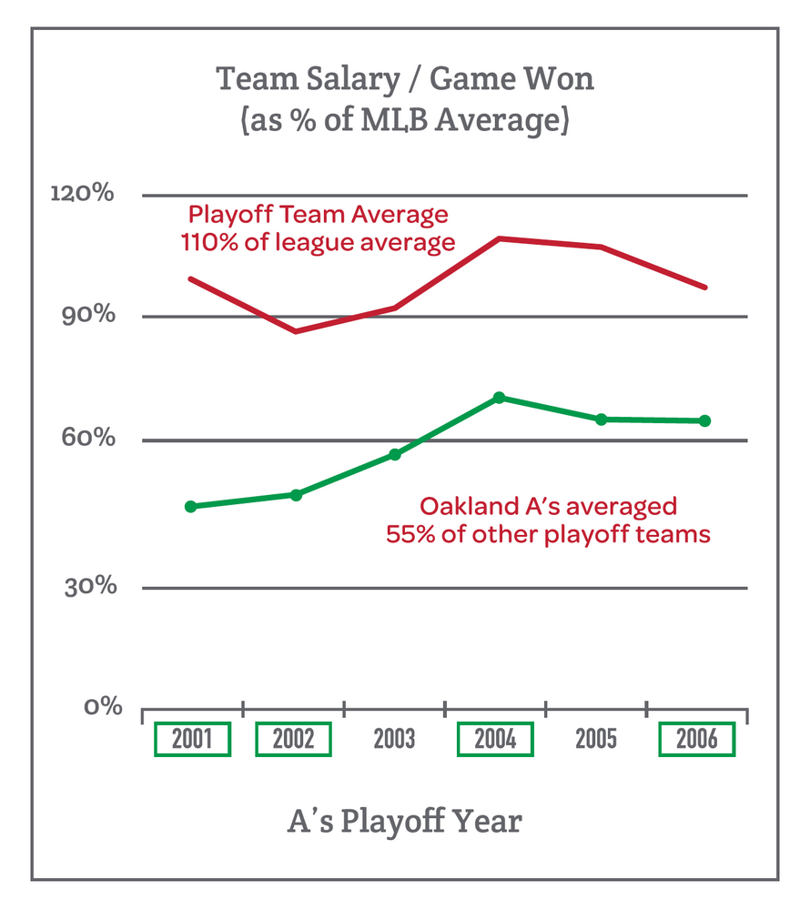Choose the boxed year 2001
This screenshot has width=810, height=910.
[x=192, y=738]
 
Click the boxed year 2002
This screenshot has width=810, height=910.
[x=293, y=738]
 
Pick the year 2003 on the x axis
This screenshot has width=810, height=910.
[x=394, y=738]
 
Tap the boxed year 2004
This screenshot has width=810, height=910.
[x=495, y=738]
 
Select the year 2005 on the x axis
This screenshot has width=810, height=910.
[x=596, y=738]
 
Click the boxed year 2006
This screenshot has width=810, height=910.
[x=696, y=738]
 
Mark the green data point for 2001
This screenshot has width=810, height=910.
[x=190, y=506]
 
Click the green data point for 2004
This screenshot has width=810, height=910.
[x=499, y=398]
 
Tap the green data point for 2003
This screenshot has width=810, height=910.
[x=395, y=454]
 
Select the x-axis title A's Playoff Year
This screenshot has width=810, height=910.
[x=404, y=822]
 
